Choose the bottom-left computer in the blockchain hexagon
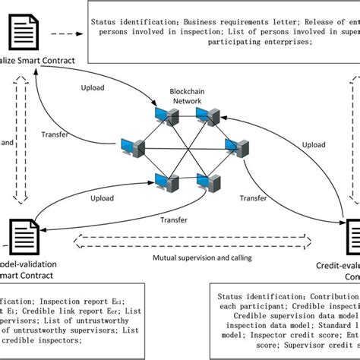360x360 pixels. click(160, 182)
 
